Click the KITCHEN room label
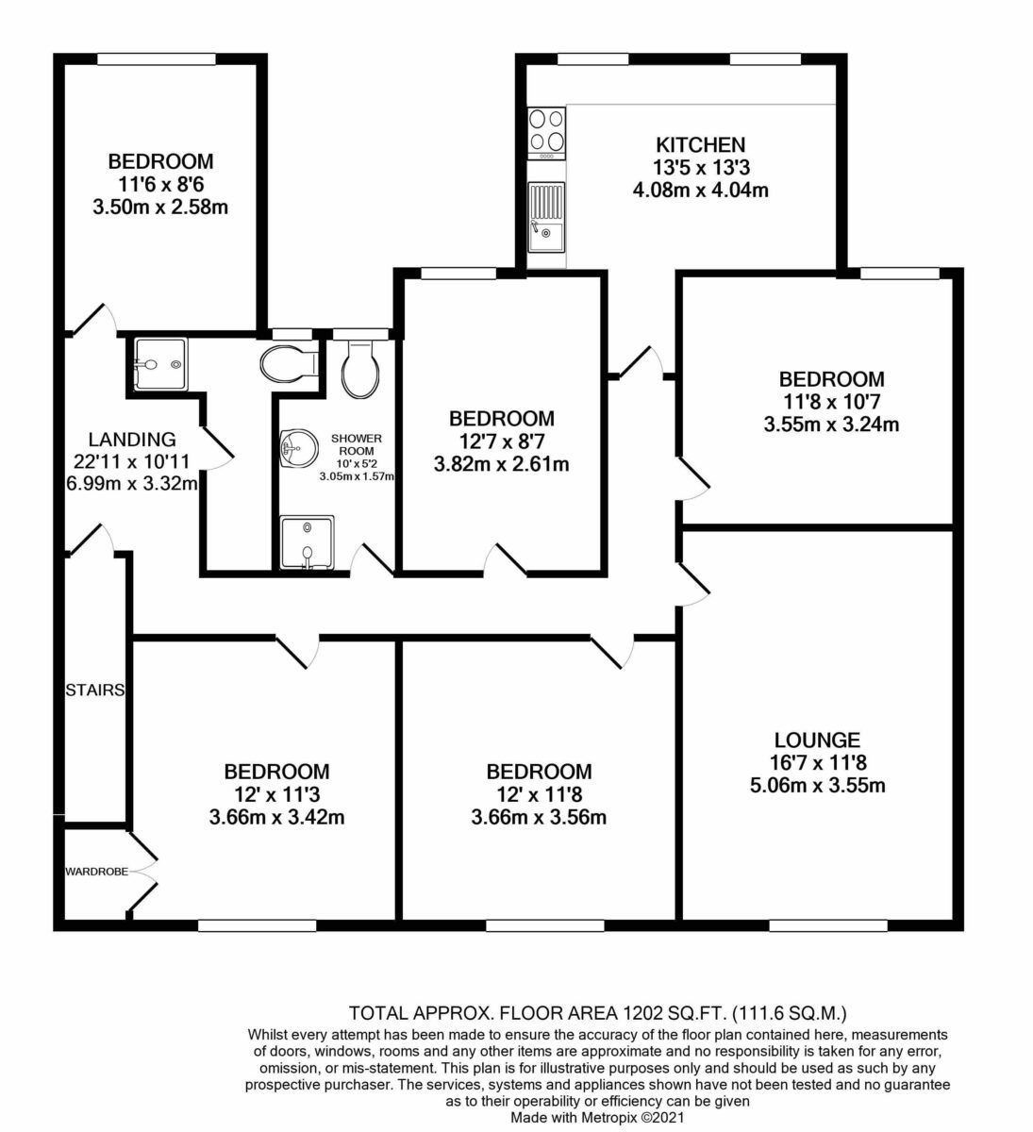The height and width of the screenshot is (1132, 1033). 700,145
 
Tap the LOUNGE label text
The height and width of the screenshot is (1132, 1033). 817,740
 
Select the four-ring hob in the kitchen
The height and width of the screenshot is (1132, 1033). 546,133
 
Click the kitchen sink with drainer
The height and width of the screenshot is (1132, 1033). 546,217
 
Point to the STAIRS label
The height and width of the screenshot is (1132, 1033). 94,690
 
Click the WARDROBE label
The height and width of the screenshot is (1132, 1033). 96,872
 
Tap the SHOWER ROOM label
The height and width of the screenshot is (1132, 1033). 357,444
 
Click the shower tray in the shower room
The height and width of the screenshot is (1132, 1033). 308,541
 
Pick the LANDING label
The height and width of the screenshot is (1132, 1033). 132,439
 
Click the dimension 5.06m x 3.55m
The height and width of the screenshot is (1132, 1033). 817,785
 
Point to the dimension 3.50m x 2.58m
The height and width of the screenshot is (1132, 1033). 160,208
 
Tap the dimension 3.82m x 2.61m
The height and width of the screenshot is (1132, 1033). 501,464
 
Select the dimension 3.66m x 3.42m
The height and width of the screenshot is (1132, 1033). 276,817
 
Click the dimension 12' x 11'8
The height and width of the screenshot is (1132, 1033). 539,794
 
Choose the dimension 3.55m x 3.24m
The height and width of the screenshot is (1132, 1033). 831,424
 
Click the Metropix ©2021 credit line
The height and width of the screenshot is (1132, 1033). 597,1117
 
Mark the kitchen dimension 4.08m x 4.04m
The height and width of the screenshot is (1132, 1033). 701,191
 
